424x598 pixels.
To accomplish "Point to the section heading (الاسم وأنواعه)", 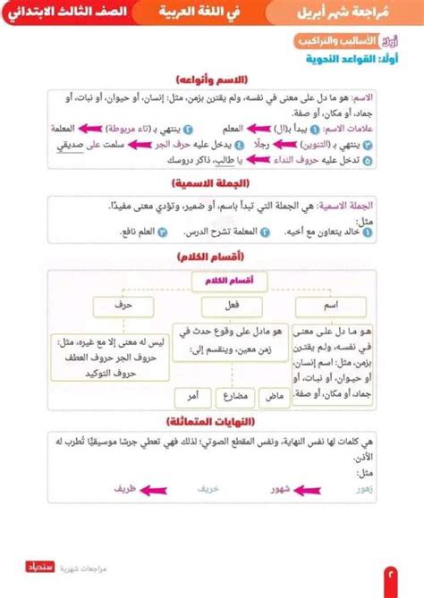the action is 212,79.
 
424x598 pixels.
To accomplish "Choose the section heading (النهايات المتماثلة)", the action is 212,420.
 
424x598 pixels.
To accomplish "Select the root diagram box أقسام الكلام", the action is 222,281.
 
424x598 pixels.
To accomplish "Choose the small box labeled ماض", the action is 276,394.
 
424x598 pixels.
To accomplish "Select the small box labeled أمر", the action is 192,394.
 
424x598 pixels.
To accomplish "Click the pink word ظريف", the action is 125,489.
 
